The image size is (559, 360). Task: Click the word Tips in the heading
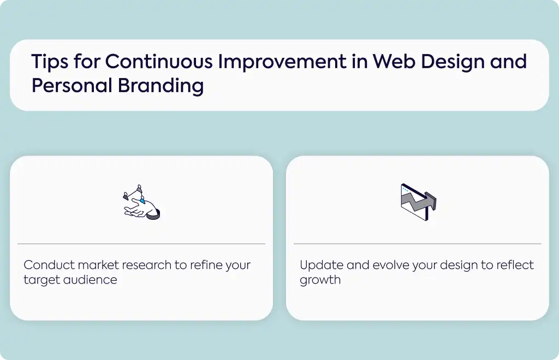[x=50, y=62]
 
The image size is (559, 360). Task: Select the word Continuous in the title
[x=159, y=61]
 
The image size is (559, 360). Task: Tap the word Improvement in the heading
[x=282, y=62]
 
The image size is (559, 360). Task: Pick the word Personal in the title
[x=72, y=86]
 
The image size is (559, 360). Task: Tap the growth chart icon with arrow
[x=419, y=202]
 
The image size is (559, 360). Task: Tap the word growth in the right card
[x=320, y=280]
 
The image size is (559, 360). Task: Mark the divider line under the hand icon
[x=141, y=244]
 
